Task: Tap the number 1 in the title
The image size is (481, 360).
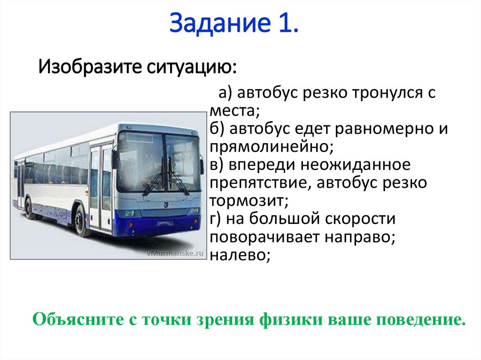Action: pos(288,24)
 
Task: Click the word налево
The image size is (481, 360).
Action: pos(240,254)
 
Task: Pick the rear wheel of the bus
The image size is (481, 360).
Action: pos(29,207)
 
